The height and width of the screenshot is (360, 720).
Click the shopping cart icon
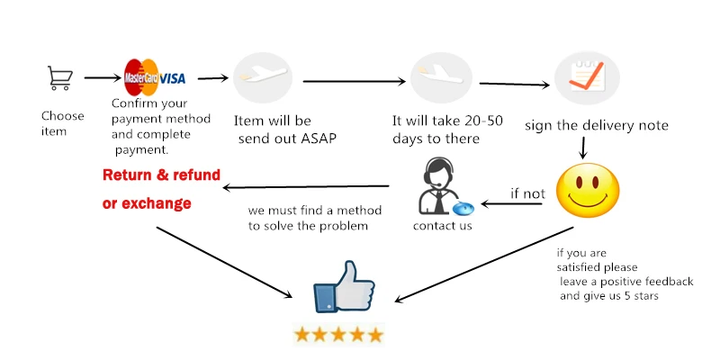pos(60,78)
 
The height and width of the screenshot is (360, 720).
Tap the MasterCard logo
pos(141,76)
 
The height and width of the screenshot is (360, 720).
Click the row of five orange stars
pos(338,335)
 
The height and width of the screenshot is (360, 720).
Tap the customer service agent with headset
pos(440,187)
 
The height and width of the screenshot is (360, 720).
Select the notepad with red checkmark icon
pos(586,78)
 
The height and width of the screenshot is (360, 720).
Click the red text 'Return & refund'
pos(161,175)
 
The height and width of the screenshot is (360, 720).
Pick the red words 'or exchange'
pos(147,203)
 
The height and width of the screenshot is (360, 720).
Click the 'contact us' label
pos(442,225)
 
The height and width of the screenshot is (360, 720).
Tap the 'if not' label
pos(527,193)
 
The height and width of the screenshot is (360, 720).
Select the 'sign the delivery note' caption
pos(597,125)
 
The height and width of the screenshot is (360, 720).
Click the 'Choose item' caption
pos(62,123)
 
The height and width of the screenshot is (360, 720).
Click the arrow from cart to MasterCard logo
pos(101,78)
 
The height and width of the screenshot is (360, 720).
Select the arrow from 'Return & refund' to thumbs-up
pos(229,261)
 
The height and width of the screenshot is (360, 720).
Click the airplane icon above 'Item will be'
pos(262,78)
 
